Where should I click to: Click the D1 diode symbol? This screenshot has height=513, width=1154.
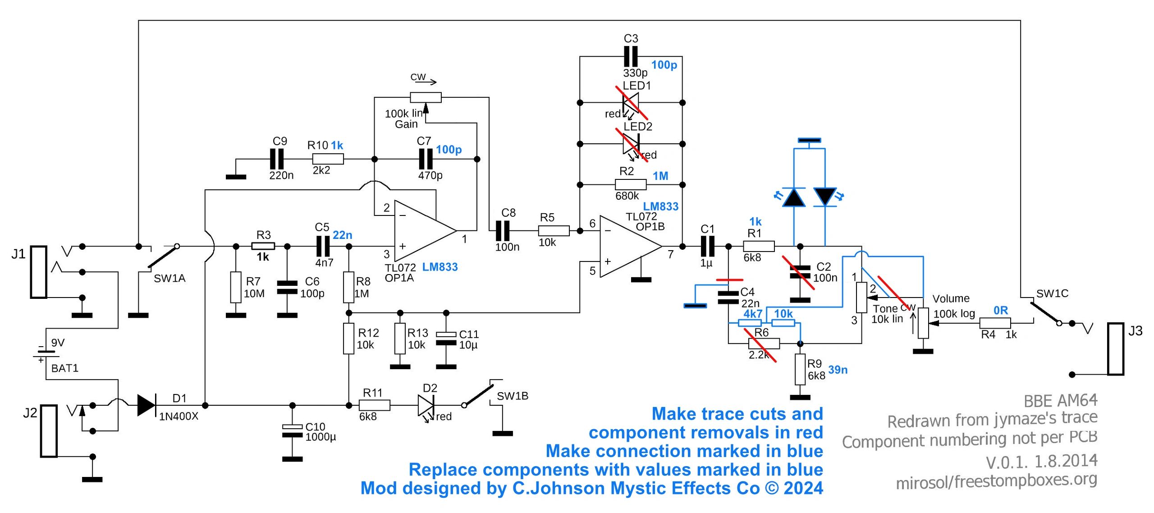coord(147,405)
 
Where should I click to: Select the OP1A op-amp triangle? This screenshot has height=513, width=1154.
coord(425,231)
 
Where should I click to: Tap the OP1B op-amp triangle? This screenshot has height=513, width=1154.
coord(631,246)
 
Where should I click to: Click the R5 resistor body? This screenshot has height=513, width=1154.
coord(554,231)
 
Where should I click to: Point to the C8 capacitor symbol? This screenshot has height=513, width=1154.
coord(503,231)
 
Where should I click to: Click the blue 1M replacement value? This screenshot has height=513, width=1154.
coord(660,176)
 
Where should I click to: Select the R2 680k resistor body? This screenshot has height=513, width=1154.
coord(631,184)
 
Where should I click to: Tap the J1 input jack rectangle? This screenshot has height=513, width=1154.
coord(39,272)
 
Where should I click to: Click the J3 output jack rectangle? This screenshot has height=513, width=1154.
coord(1116,348)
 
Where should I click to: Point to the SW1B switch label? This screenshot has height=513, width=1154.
coord(512,396)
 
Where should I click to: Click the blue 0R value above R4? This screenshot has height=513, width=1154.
coord(1001,310)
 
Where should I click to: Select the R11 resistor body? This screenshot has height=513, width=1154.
coord(375,405)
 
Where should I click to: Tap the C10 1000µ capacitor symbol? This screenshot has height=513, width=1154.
coord(292,431)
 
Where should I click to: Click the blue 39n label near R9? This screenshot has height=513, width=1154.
coord(838,370)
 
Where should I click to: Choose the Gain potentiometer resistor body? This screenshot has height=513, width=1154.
coord(426,97)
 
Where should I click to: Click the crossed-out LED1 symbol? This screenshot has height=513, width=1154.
coord(631,103)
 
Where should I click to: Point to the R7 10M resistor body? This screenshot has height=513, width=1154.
coord(236,287)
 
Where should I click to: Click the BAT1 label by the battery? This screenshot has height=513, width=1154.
coord(65,368)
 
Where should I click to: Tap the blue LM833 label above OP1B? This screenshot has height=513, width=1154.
coord(660,206)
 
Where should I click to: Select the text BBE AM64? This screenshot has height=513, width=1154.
coord(1060,400)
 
